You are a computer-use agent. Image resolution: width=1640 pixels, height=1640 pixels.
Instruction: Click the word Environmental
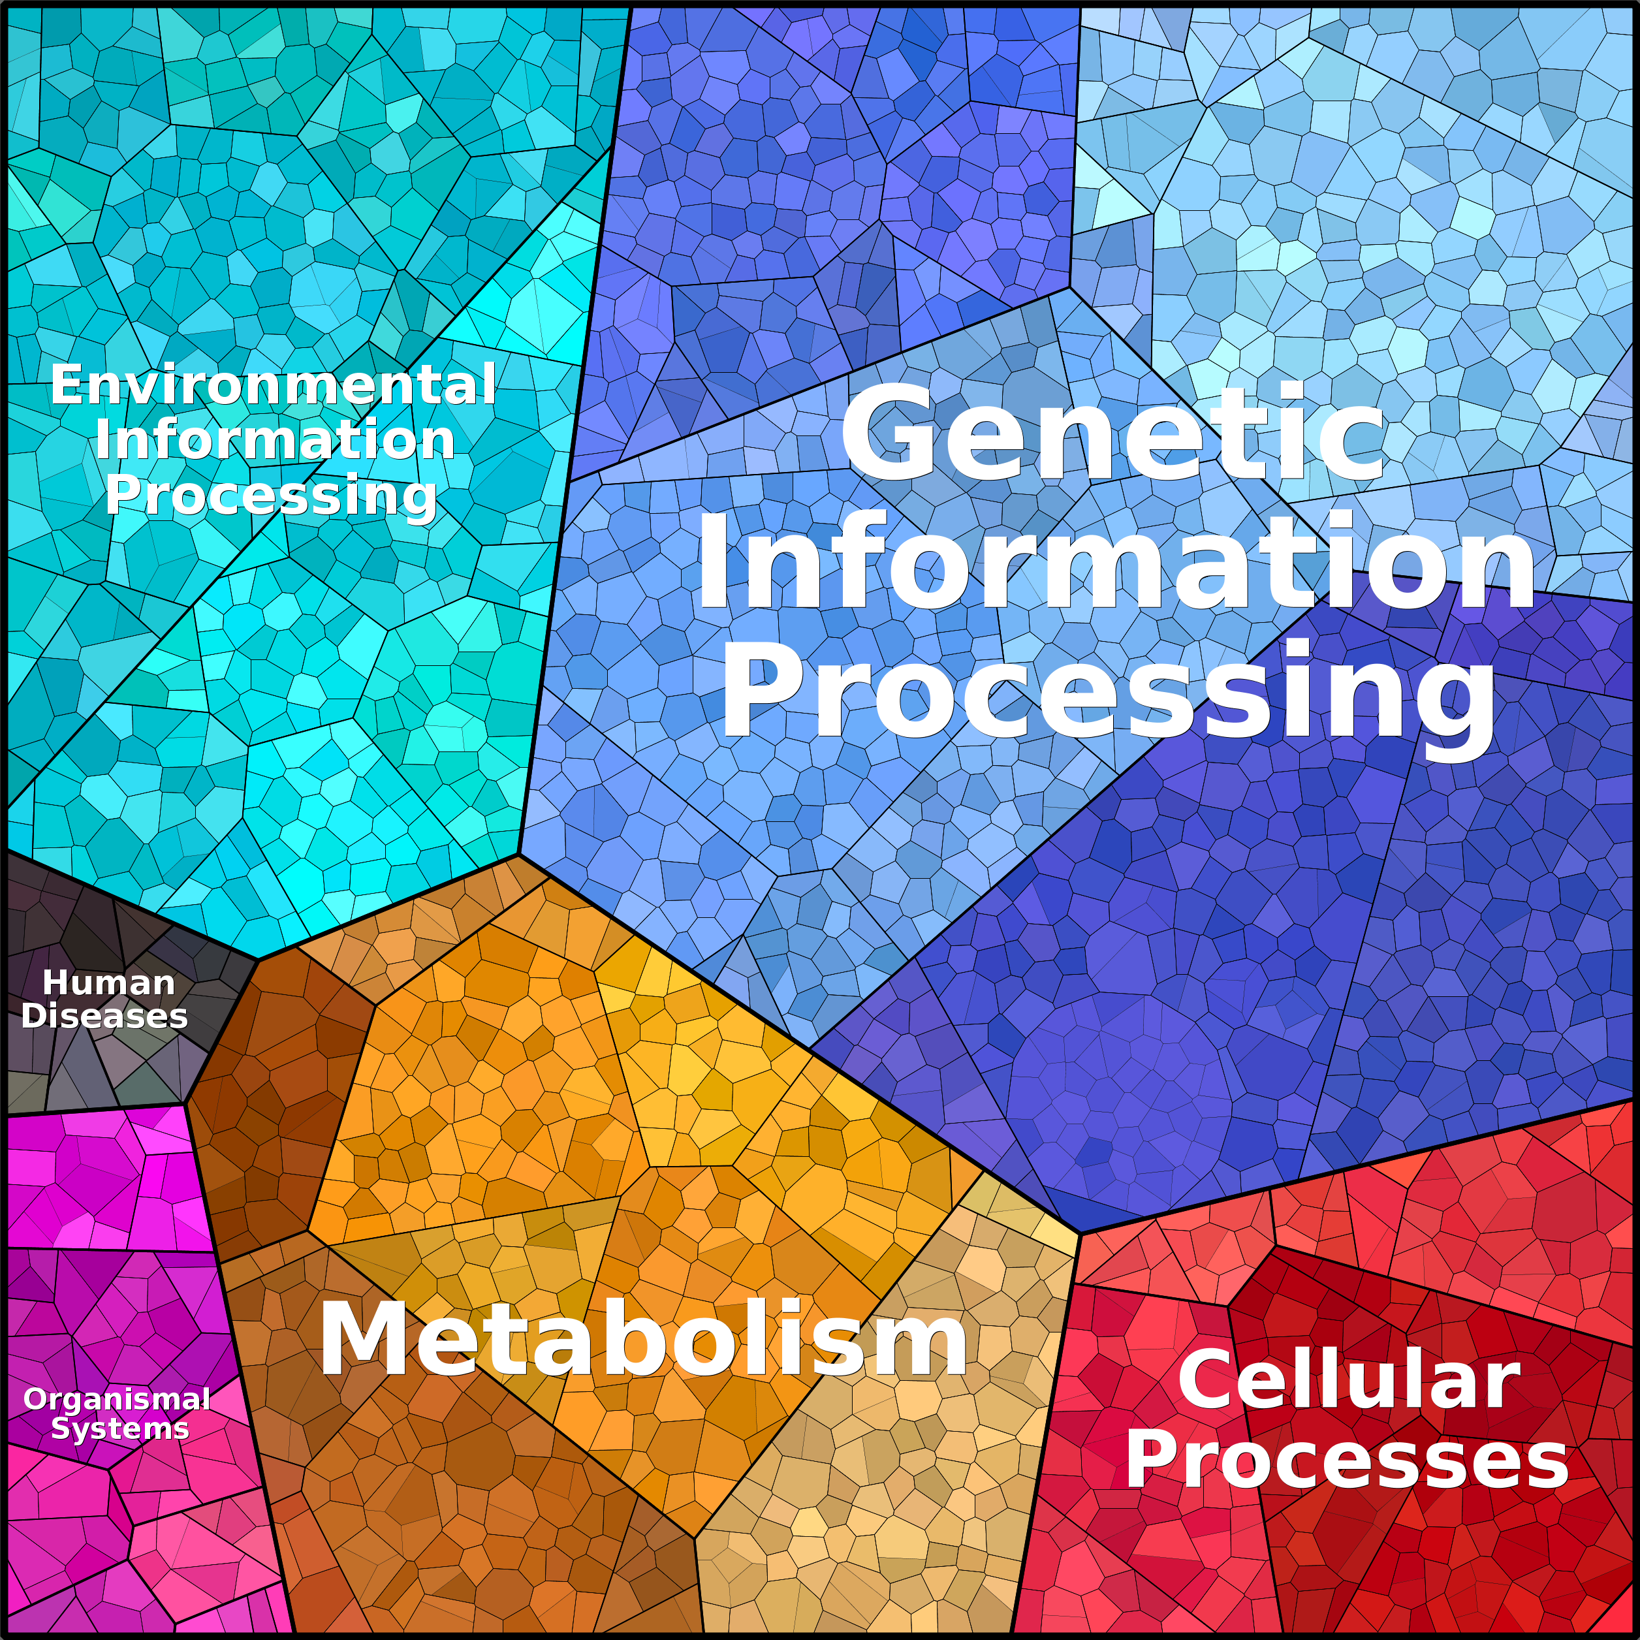pos(274,385)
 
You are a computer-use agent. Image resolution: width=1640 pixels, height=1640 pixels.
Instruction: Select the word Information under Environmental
pos(274,440)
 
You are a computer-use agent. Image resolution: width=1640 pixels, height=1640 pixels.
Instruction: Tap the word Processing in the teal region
pos(271,495)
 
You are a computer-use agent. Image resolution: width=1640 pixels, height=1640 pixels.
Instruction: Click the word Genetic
pos(1112,433)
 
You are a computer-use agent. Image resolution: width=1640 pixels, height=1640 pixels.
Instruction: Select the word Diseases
pos(104,1016)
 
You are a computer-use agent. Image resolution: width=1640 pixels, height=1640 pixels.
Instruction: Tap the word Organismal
pos(117,1400)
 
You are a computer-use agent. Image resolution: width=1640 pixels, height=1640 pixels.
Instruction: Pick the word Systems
pos(119,1428)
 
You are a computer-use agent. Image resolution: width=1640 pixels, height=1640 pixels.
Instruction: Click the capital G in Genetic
pos(883,433)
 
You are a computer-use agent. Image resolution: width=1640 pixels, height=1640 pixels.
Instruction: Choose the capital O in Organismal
pos(36,1400)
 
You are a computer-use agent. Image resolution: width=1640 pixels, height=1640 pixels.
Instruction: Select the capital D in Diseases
pos(35,1016)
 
